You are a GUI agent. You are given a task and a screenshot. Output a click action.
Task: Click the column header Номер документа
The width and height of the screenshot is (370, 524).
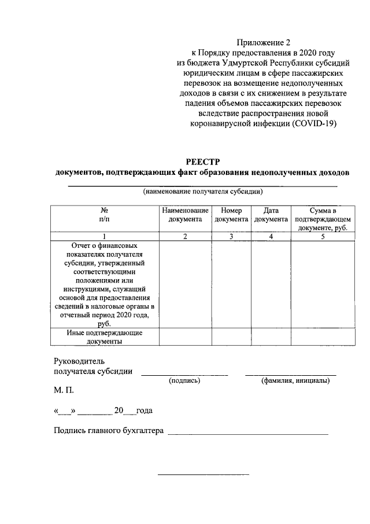pos(231,215)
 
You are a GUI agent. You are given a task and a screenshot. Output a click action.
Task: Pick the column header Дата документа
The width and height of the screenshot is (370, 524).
pos(271,215)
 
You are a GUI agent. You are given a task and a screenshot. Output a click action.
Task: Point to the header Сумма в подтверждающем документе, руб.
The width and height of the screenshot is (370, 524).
pos(323,219)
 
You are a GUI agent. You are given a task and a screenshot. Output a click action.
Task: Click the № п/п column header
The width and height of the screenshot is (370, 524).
pos(105,215)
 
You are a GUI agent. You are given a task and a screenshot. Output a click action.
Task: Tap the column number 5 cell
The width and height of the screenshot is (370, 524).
pos(323,236)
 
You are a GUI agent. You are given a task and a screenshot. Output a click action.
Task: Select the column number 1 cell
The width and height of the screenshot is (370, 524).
pos(105,236)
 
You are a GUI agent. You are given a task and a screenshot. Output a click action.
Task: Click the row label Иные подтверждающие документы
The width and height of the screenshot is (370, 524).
pos(105,337)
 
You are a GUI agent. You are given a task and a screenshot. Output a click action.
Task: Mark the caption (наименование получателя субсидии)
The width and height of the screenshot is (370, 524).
pos(203,192)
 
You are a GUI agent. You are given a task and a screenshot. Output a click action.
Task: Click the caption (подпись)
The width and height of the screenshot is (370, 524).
pos(184,381)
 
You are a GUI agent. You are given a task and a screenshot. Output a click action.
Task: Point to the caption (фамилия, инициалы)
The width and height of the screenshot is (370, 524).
pos(295,381)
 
